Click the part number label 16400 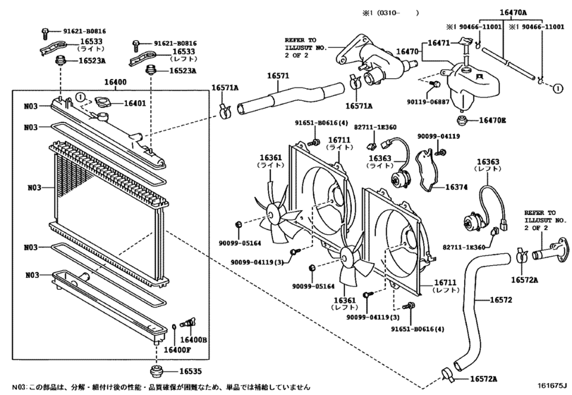[116, 83]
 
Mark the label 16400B [197, 340]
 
